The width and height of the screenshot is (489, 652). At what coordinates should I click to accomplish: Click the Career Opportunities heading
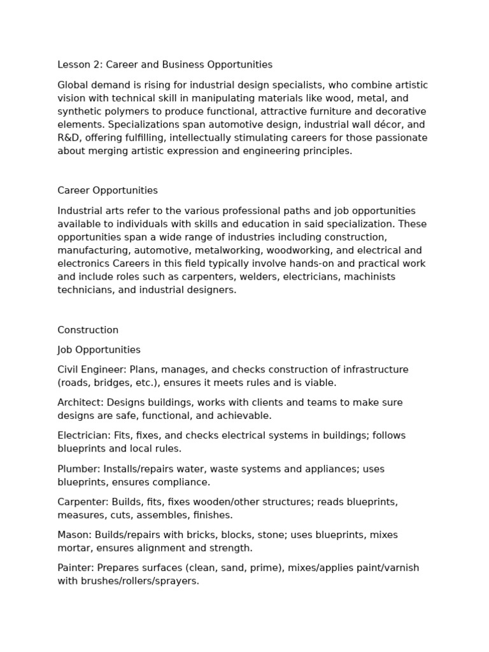coord(108,190)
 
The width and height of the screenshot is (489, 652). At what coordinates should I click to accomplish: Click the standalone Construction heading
coord(88,330)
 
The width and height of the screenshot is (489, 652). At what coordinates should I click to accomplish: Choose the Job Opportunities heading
coord(99,350)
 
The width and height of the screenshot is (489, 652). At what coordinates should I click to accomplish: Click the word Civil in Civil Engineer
coord(69,369)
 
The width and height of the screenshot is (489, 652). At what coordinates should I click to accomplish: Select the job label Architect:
coord(80,402)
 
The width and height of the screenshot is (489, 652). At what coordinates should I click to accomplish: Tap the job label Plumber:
coord(78,469)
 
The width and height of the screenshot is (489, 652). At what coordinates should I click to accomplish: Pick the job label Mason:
coord(73,535)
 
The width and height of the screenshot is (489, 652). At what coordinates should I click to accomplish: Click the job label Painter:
coord(75,568)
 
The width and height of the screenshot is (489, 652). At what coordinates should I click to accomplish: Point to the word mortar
coord(73,548)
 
